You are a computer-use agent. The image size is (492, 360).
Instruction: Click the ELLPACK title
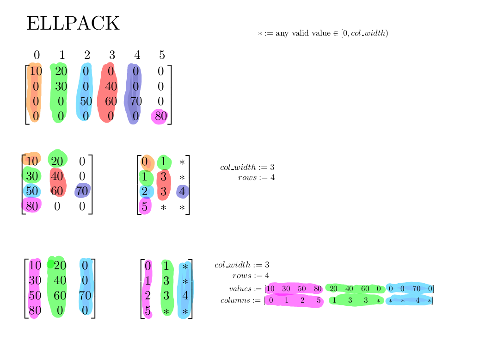[x=73, y=24]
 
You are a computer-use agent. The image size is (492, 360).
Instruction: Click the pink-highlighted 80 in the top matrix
[x=160, y=117]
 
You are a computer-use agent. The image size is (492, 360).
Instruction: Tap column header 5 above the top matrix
[x=162, y=56]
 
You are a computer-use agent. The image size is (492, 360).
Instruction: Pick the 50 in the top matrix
[x=86, y=101]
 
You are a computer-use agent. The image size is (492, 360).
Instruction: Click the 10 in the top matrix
[x=36, y=71]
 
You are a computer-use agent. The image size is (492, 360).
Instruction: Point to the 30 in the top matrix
[x=61, y=87]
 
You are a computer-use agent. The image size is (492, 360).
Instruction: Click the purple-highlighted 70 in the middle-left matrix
[x=82, y=191]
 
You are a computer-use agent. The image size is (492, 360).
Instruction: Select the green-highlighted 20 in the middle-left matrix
[x=57, y=161]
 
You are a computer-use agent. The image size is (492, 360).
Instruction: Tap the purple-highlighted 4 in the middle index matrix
[x=182, y=192]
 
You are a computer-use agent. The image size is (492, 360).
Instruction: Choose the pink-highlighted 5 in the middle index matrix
[x=145, y=207]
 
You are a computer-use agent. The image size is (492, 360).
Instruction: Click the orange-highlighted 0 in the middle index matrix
[x=145, y=162]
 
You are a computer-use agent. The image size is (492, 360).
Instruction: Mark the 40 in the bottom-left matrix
[x=59, y=280]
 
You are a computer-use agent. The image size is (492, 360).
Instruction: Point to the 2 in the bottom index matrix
[x=148, y=296]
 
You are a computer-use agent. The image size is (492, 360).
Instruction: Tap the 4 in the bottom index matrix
[x=185, y=296]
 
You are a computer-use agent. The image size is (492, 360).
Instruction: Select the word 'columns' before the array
[x=235, y=300]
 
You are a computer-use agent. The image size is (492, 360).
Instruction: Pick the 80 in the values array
[x=318, y=289]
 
